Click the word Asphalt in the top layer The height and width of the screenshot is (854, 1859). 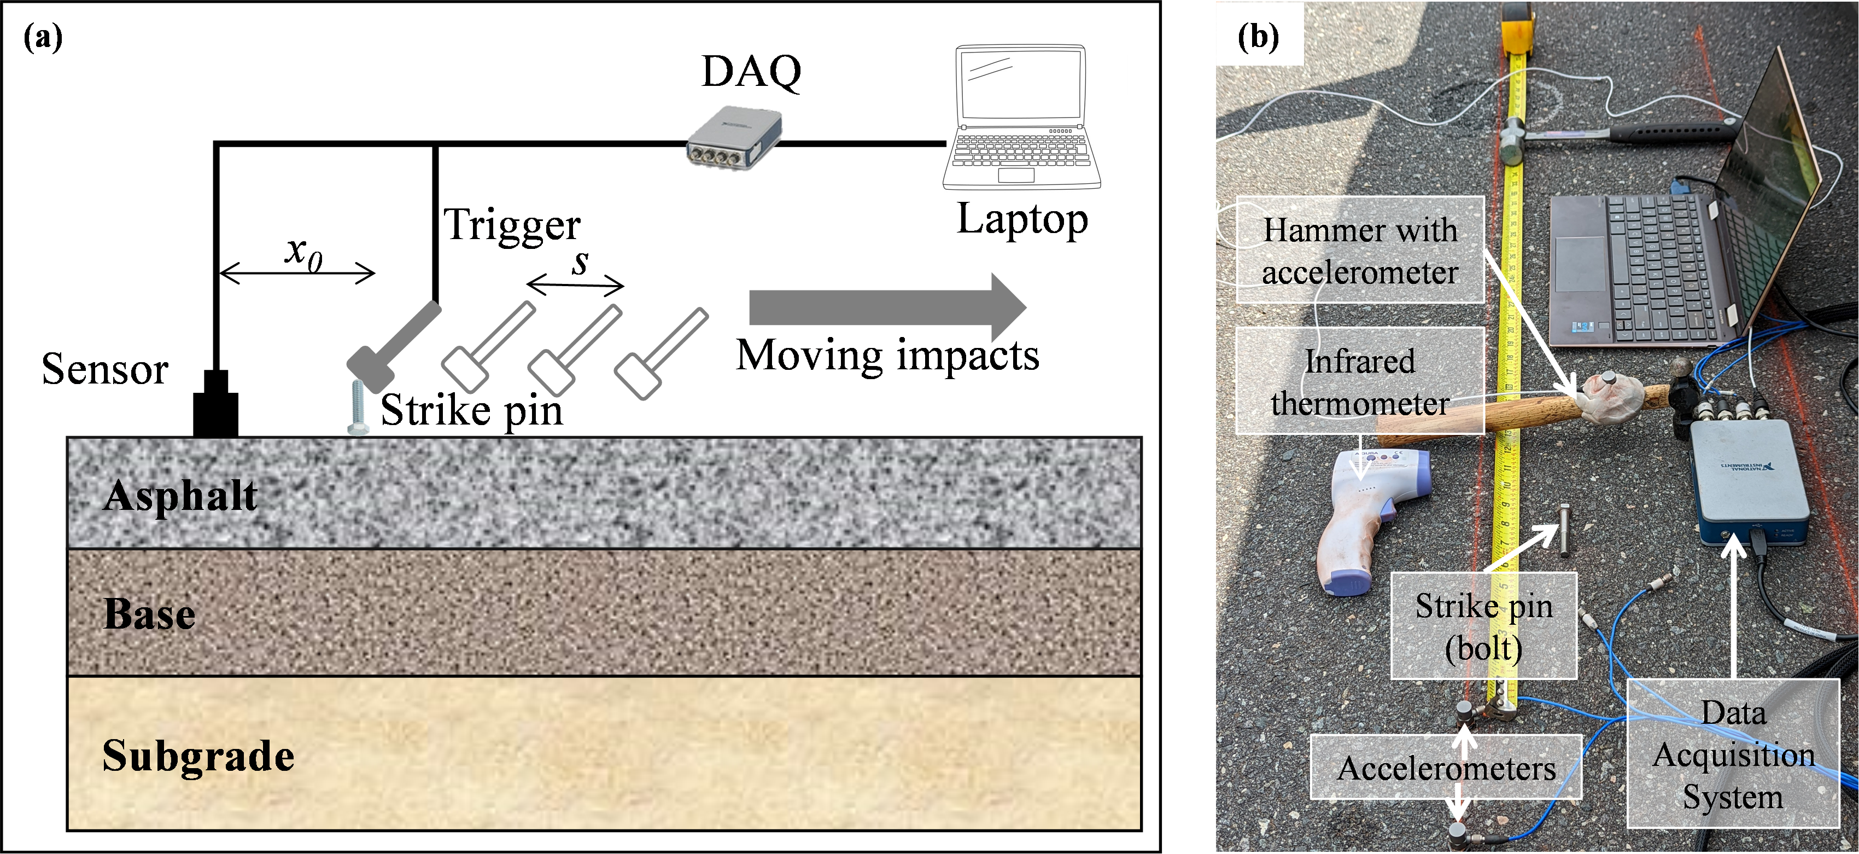(180, 496)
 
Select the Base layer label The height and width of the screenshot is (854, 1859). (149, 614)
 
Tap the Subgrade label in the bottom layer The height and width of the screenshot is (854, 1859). (198, 756)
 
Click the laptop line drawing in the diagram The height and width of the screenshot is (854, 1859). (1021, 115)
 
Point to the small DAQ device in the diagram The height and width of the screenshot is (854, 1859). (734, 137)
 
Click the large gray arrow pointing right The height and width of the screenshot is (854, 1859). (887, 307)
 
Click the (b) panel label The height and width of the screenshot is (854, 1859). (1258, 36)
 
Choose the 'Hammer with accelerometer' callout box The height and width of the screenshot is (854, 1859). (1360, 250)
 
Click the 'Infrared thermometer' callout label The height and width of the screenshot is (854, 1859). (1360, 381)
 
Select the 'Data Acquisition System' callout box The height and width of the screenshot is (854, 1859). (1733, 754)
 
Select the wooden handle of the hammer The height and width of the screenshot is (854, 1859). (1480, 419)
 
